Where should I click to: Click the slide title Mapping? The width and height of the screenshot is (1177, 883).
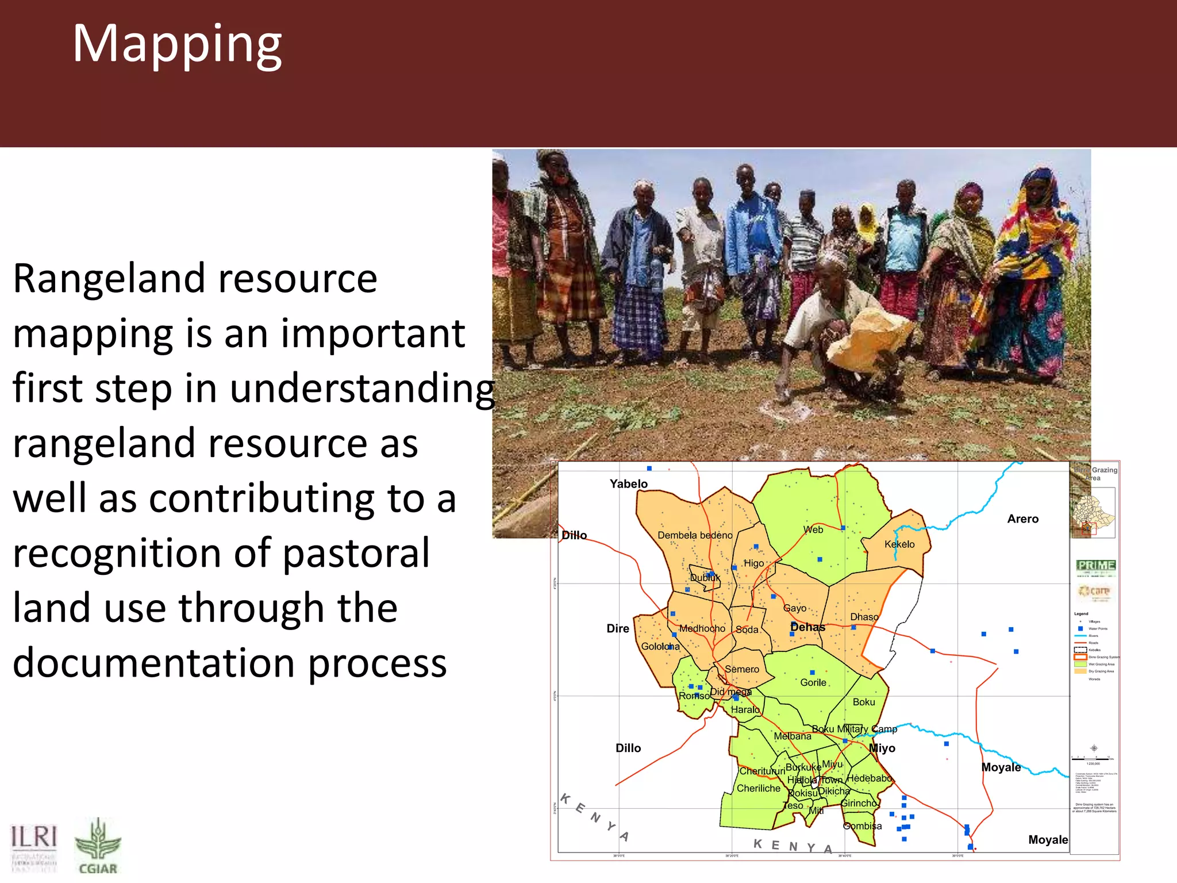[x=176, y=45]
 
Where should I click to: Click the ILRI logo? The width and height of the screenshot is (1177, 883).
[x=34, y=846]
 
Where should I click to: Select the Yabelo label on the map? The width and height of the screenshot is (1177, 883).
[x=628, y=484]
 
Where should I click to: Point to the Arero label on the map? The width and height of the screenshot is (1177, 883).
[x=1022, y=519]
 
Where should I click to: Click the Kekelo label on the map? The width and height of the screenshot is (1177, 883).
[x=899, y=544]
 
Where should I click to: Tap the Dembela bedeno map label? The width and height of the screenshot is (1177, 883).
[x=695, y=535]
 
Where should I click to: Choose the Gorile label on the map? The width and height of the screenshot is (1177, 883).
[x=813, y=682]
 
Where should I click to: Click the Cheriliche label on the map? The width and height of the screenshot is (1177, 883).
[x=758, y=788]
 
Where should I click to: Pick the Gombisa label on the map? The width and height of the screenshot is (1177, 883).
[x=861, y=826]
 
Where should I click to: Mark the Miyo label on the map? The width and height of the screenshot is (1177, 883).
[x=882, y=748]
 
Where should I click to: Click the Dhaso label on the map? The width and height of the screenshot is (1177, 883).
[x=864, y=617]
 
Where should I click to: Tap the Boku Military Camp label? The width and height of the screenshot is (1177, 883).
[x=854, y=729]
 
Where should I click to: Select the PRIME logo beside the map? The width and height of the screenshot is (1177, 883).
[x=1095, y=566]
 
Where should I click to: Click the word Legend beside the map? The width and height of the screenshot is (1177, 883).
[x=1080, y=613]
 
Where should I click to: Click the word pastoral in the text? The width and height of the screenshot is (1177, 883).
[x=356, y=553]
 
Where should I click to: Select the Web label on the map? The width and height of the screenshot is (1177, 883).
[x=813, y=529]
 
